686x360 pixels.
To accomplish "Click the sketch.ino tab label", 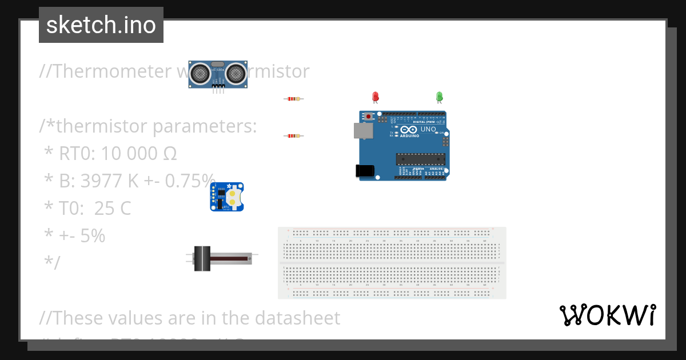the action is [101, 25].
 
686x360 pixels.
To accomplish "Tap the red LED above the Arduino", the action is [376, 97].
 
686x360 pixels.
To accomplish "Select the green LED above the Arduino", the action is [439, 97].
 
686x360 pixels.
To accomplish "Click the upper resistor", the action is [293, 99].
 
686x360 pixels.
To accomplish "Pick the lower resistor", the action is [293, 136].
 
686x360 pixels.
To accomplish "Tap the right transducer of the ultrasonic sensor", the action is [236, 73].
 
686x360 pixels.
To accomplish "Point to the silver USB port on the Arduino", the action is [363, 131].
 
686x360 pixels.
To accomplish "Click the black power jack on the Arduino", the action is [365, 170].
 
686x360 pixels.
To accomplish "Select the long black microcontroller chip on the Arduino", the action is [421, 158].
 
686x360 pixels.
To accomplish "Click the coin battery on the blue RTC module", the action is [233, 198].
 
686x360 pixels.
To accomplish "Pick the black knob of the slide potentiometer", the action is [202, 258].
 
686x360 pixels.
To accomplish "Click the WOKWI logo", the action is [608, 315].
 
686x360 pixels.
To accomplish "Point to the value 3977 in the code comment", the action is [102, 181].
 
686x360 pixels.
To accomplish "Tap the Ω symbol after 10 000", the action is [170, 154].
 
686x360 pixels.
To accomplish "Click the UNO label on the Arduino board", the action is [428, 129].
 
